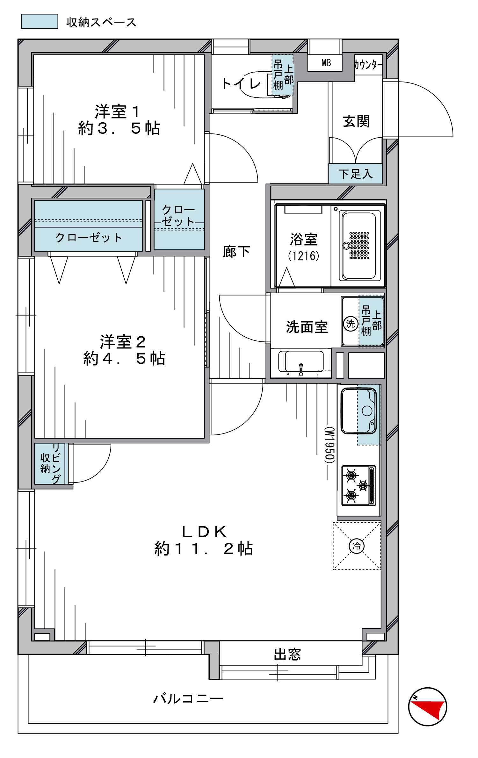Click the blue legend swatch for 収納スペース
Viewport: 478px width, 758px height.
point(40,21)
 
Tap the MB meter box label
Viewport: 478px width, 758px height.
point(326,63)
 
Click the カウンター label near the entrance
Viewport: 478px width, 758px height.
point(368,65)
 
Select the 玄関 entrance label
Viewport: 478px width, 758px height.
point(356,121)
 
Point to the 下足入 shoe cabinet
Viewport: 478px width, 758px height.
point(355,174)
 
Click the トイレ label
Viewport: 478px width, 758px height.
point(241,84)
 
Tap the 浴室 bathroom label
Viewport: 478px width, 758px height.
point(303,240)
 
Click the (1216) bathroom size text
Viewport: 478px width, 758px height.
point(303,256)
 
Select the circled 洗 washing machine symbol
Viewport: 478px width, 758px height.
point(350,324)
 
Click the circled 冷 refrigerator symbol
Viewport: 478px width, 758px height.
point(357,546)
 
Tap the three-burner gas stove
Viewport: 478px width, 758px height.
point(359,485)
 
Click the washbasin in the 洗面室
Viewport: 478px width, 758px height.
point(301,363)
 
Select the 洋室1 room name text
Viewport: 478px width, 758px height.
point(118,112)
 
